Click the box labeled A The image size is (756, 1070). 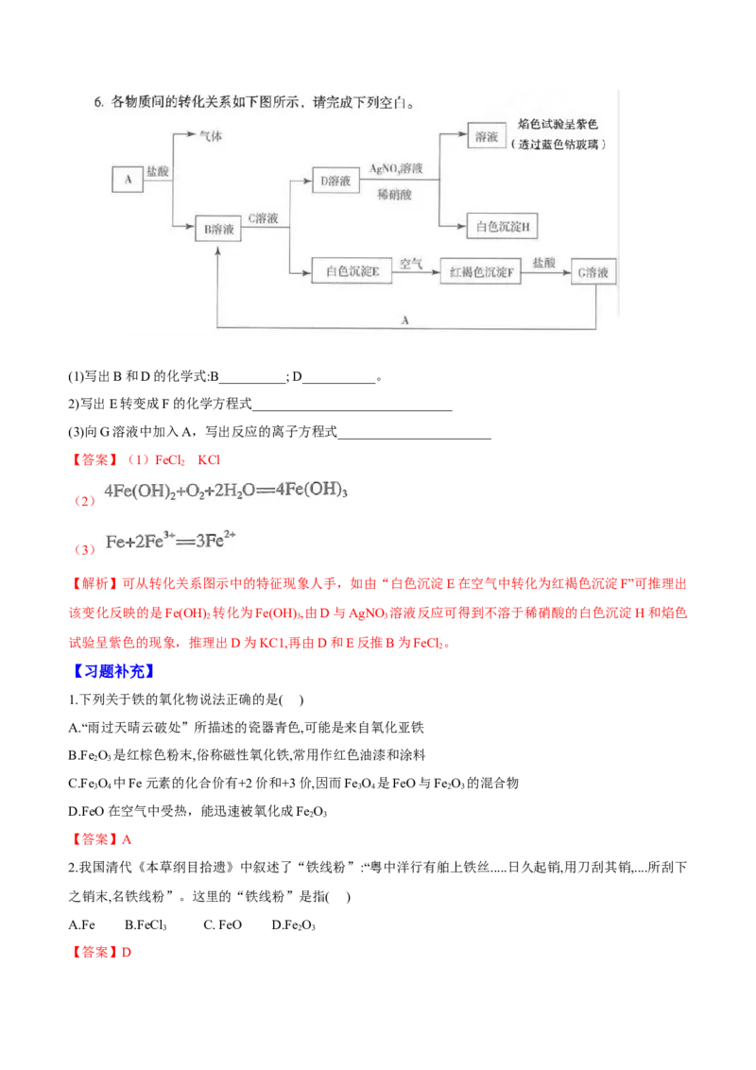127,179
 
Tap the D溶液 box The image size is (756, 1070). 335,180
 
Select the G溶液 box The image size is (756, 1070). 597,272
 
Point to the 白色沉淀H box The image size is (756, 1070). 502,227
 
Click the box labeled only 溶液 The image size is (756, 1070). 487,137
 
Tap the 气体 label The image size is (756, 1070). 210,136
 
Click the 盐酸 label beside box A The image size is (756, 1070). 158,170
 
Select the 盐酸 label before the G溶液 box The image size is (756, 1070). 544,263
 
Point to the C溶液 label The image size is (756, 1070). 263,218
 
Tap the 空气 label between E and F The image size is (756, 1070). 410,264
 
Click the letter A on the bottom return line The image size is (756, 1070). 404,320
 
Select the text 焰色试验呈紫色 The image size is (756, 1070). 559,126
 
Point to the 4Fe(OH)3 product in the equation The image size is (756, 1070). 318,492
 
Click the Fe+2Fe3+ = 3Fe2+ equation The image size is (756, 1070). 173,544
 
